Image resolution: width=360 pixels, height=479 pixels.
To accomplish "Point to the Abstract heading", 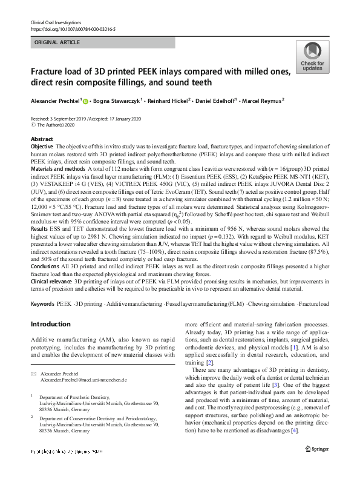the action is point(41,139).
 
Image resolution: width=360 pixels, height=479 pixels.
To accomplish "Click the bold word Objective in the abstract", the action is point(42,147).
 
